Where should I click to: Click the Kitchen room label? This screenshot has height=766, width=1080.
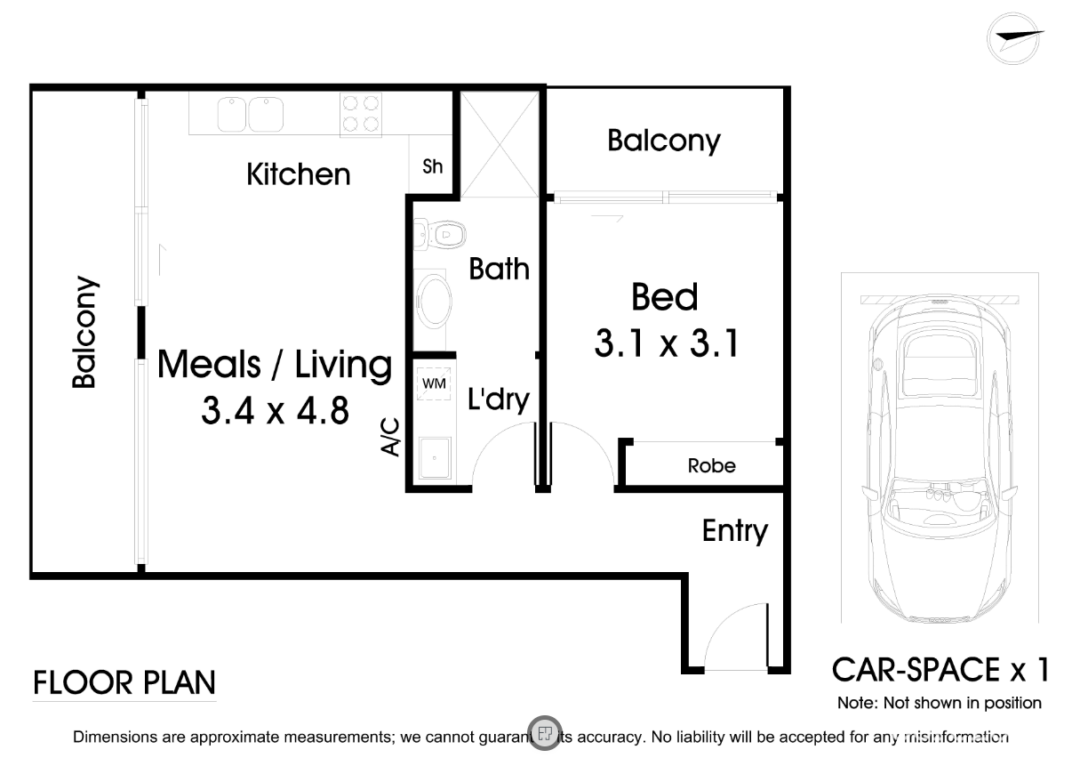click(298, 173)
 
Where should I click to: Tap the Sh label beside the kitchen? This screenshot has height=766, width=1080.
click(432, 166)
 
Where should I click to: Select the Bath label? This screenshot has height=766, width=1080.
click(499, 269)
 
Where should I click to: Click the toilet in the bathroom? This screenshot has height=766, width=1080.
click(441, 236)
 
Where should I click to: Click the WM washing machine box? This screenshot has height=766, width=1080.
click(434, 384)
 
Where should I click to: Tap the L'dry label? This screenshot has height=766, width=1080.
click(498, 400)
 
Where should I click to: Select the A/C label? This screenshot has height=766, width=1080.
click(390, 436)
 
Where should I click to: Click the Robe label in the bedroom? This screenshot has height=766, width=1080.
click(711, 465)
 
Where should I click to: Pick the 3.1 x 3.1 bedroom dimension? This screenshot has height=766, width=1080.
click(666, 342)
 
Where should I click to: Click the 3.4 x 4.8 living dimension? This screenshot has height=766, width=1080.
click(275, 411)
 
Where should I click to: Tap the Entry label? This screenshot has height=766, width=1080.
click(734, 531)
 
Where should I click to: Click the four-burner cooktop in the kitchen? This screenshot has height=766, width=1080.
click(360, 114)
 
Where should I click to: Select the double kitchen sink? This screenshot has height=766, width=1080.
click(248, 114)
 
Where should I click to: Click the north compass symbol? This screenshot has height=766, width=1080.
click(1015, 37)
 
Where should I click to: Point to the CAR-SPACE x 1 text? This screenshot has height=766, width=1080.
click(940, 669)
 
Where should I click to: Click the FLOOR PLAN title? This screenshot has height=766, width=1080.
click(124, 683)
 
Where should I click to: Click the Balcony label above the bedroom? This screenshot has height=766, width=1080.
click(663, 141)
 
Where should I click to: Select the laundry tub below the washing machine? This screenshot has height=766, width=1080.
click(434, 460)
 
